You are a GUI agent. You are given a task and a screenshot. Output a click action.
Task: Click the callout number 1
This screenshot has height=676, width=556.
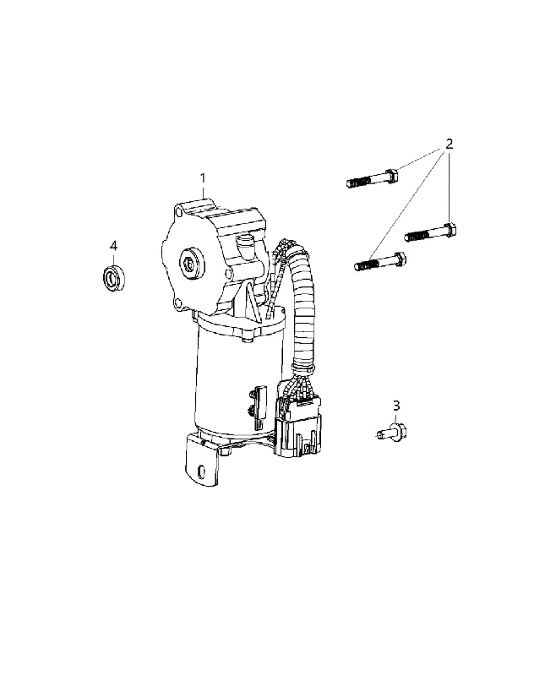click(x=202, y=178)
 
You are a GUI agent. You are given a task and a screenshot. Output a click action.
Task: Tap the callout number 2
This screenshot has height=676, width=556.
click(x=450, y=144)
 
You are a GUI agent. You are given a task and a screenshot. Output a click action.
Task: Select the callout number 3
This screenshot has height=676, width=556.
click(x=396, y=406)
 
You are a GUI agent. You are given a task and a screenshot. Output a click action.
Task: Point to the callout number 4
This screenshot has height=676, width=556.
click(x=113, y=246)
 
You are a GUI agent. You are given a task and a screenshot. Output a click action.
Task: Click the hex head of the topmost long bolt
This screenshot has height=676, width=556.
click(x=391, y=176)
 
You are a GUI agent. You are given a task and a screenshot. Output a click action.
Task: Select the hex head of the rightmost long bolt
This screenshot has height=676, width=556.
click(x=451, y=229)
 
